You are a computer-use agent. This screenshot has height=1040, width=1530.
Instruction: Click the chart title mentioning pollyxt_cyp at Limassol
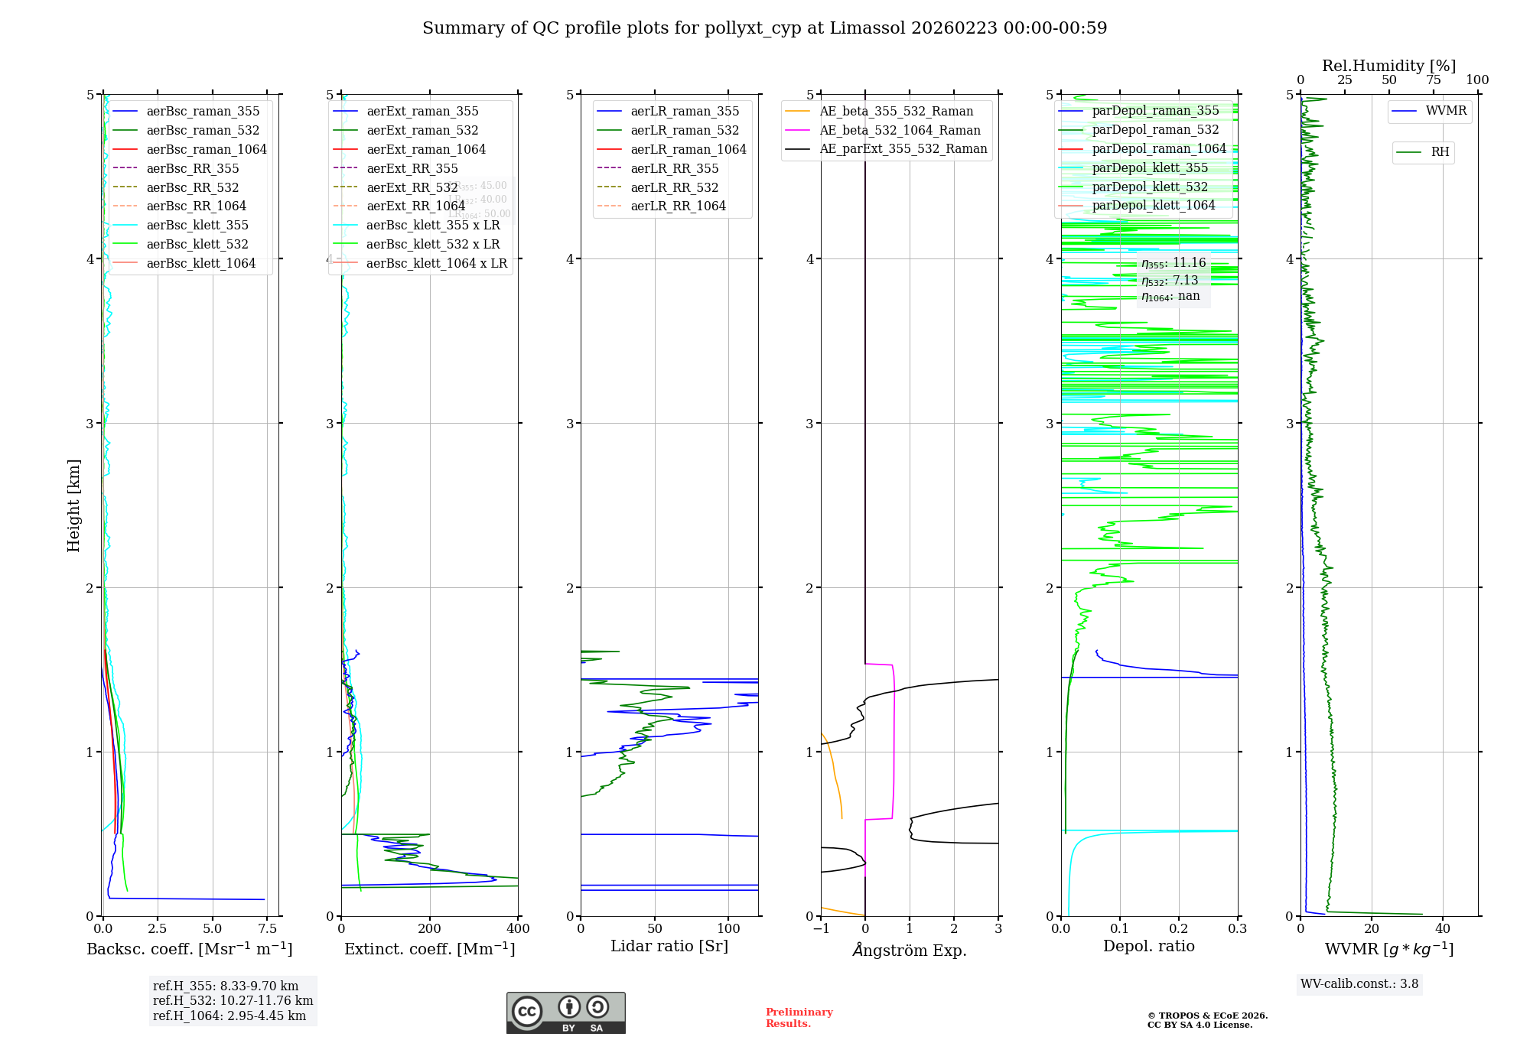pyautogui.click(x=764, y=28)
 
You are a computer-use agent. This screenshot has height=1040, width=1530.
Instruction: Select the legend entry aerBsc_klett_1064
pyautogui.click(x=200, y=263)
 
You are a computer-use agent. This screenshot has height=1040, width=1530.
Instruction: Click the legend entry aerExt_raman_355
pyautogui.click(x=422, y=112)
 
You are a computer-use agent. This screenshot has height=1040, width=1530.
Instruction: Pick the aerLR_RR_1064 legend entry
pyautogui.click(x=678, y=206)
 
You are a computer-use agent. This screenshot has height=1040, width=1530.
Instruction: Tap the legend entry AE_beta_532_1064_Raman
pyautogui.click(x=900, y=130)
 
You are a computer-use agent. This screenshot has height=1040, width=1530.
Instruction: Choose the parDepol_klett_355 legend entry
pyautogui.click(x=1150, y=167)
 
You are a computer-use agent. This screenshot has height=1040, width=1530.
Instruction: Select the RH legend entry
pyautogui.click(x=1440, y=152)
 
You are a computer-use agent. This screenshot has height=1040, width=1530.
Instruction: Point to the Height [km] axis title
pyautogui.click(x=73, y=505)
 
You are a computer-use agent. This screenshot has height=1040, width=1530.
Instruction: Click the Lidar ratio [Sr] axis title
pyautogui.click(x=669, y=946)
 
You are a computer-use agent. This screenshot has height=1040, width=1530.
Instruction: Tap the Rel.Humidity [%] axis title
pyautogui.click(x=1388, y=66)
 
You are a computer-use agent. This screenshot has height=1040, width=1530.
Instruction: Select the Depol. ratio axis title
pyautogui.click(x=1148, y=946)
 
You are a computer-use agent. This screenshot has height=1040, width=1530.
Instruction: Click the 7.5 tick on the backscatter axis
pyautogui.click(x=267, y=929)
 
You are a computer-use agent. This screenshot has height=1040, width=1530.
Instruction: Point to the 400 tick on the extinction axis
pyautogui.click(x=518, y=929)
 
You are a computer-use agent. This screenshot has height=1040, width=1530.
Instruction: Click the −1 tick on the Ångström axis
pyautogui.click(x=821, y=929)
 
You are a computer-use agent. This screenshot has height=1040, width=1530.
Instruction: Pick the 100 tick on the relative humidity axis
pyautogui.click(x=1477, y=80)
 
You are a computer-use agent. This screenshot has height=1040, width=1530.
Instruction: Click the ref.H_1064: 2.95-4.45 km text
pyautogui.click(x=229, y=1016)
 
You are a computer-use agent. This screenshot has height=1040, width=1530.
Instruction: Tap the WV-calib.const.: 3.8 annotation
pyautogui.click(x=1359, y=983)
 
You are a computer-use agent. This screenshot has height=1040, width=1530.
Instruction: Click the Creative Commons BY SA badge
pyautogui.click(x=565, y=1012)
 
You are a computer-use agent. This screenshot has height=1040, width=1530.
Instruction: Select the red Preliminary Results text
pyautogui.click(x=799, y=1017)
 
